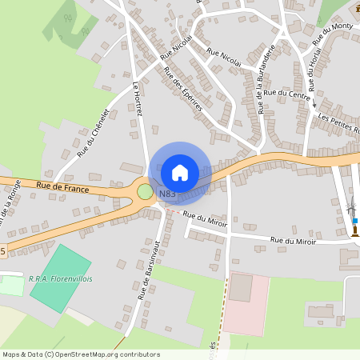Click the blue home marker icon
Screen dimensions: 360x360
coord(180,172)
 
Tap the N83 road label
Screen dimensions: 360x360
coord(167,194)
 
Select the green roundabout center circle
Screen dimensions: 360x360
coord(145,192)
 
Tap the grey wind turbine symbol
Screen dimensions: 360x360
coord(351,209)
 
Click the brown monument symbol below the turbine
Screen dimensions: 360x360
coord(353,230)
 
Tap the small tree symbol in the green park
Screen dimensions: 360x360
coord(83,32)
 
